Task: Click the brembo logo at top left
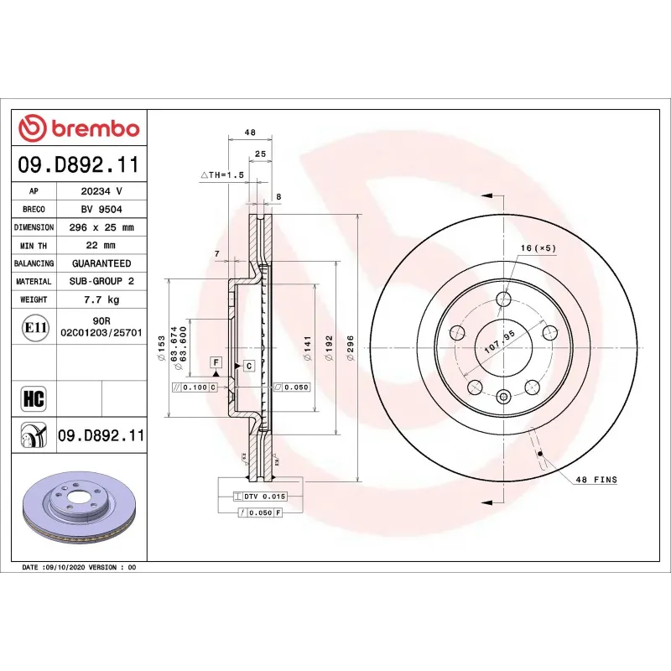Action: pyautogui.click(x=79, y=128)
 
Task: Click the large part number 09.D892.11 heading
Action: pyautogui.click(x=79, y=164)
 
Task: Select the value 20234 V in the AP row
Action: pyautogui.click(x=101, y=192)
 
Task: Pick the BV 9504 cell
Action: pyautogui.click(x=101, y=210)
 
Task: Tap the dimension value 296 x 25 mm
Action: pyautogui.click(x=101, y=227)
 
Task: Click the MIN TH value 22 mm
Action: pyautogui.click(x=101, y=245)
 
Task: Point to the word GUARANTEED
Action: pyautogui.click(x=101, y=263)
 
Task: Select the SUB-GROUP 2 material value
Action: pyautogui.click(x=101, y=281)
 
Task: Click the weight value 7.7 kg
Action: pyautogui.click(x=101, y=299)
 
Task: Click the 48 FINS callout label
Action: pyautogui.click(x=596, y=480)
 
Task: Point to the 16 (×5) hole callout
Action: pyautogui.click(x=538, y=248)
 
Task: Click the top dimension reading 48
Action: pyautogui.click(x=249, y=133)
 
